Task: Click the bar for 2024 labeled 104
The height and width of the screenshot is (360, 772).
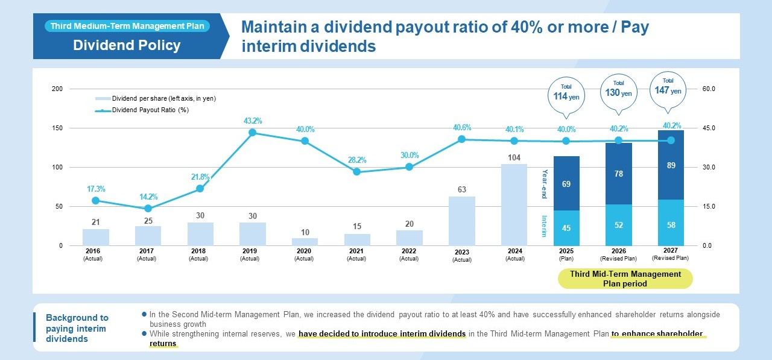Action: pos(514,205)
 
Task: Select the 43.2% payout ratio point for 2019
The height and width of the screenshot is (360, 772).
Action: pos(252,133)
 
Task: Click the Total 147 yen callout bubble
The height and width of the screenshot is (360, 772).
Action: pos(668,90)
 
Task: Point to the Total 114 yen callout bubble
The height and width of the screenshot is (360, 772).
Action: pos(566,95)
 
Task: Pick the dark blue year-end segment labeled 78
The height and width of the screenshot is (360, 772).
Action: pos(618,174)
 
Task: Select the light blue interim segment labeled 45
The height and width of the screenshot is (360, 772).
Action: pos(566,228)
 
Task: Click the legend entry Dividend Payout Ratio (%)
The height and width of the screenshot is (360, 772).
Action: pos(150,110)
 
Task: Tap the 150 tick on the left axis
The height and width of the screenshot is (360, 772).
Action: pos(57,128)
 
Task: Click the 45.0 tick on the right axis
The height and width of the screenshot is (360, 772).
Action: pos(709,128)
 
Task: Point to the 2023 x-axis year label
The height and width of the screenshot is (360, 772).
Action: pos(462,252)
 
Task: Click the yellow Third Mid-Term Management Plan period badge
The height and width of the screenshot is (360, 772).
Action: pos(625,279)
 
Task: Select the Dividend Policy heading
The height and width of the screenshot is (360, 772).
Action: pos(127,45)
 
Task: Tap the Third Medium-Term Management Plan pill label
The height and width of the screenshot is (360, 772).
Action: pos(127,26)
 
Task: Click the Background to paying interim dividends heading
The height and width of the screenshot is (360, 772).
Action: pos(77,328)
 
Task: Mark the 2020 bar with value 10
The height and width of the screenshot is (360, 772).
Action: pos(305,242)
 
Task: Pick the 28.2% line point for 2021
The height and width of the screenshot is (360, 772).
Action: pos(356,172)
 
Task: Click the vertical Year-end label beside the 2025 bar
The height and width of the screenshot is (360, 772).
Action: pos(544,183)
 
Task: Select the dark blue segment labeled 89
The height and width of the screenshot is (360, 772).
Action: pos(671,165)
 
